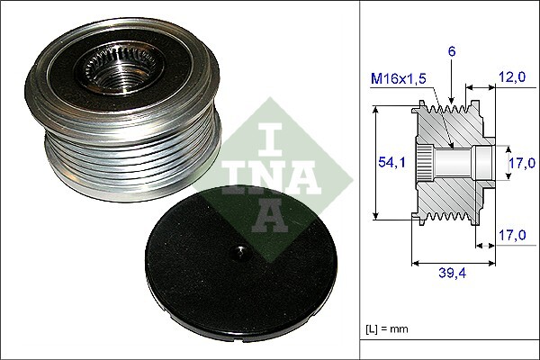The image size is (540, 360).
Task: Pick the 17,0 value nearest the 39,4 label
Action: click(x=512, y=236)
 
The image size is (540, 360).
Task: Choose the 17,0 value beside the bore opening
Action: click(x=518, y=164)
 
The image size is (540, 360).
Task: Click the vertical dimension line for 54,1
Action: click(x=374, y=163)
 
